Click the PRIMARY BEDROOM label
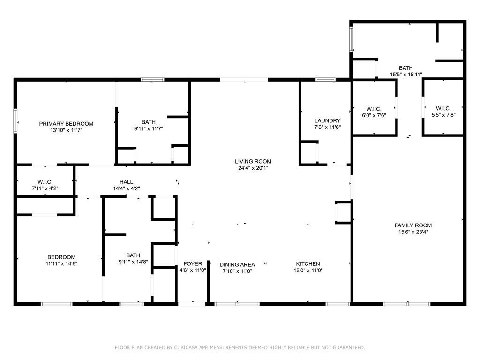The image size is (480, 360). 66,124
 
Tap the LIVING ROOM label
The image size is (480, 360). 253,161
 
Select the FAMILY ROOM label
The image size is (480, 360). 413,225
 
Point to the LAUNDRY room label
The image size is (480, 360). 327,120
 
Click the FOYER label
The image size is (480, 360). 193,263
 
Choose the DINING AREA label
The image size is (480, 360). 237,264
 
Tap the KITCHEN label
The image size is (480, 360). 308,263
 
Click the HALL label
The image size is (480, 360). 127,182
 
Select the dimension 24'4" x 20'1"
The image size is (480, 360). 253,168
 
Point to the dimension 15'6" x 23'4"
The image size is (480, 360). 413,232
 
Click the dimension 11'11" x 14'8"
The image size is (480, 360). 61,263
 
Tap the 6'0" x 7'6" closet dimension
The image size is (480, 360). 374,115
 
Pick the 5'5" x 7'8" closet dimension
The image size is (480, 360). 443,115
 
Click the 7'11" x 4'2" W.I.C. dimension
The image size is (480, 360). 45,188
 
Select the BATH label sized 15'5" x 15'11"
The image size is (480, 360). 406,68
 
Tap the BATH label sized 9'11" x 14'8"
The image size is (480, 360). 133,255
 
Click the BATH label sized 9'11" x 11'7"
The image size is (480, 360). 149,122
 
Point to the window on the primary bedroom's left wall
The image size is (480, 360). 15,121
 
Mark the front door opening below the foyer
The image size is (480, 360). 192,304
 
